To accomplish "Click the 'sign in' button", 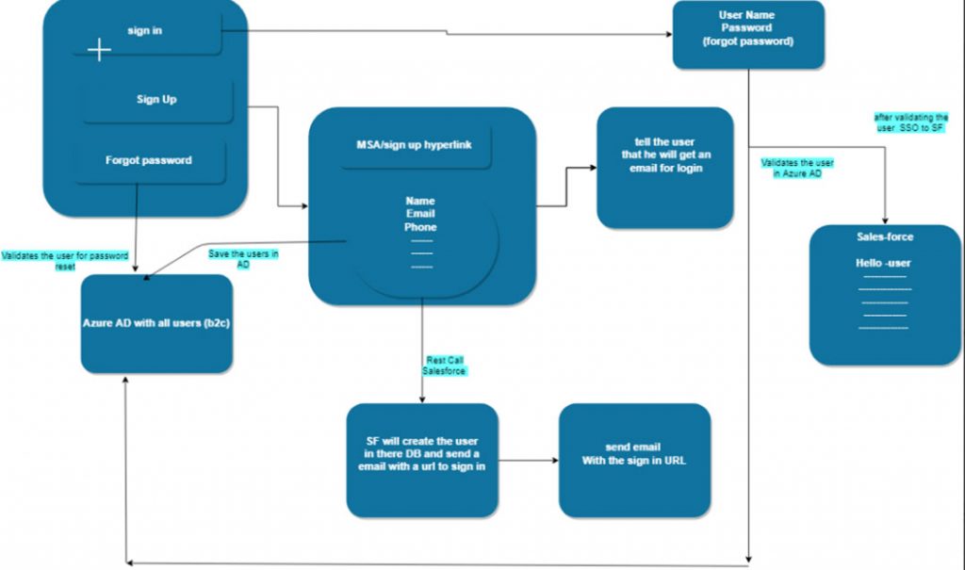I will [146, 32].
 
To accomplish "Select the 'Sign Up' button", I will [156, 100].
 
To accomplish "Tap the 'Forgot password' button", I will [149, 160].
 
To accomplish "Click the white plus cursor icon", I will [99, 50].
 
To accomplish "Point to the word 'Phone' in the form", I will [420, 227].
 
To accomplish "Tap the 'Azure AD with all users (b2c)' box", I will [156, 323].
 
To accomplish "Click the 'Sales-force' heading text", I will [884, 237].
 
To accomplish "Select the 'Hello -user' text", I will [883, 263].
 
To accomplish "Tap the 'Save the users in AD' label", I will [242, 259].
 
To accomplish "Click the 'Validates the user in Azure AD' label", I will [797, 167].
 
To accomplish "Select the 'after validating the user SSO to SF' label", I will [910, 122].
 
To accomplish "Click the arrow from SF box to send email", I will [528, 461].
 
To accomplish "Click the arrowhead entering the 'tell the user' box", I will [593, 168].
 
